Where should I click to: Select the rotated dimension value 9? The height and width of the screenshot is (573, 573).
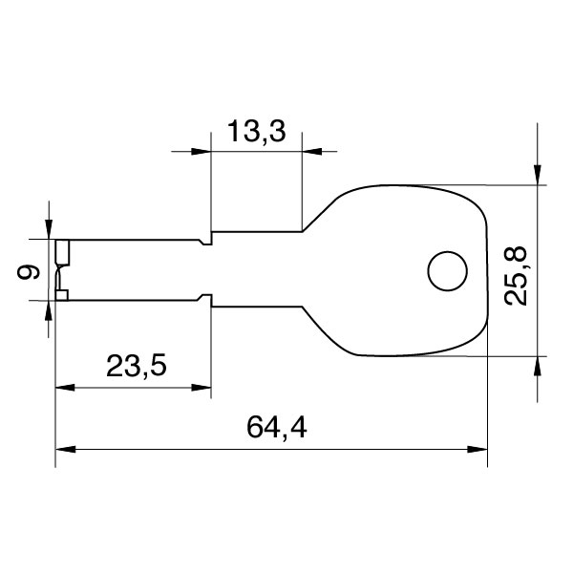(x=31, y=272)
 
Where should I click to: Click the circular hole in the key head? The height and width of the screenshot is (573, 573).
(x=446, y=271)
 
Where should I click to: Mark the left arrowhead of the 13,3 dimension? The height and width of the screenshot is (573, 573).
(x=201, y=151)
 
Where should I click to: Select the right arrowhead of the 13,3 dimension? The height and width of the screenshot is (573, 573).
(x=312, y=151)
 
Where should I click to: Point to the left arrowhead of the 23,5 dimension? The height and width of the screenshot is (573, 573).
(x=65, y=388)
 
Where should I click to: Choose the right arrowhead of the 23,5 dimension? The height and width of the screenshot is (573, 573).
(x=202, y=388)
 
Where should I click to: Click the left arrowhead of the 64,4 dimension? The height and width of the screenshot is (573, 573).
(x=65, y=448)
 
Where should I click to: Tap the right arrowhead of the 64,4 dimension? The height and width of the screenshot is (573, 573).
(x=477, y=448)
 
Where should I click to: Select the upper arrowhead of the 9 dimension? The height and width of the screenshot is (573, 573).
(x=49, y=229)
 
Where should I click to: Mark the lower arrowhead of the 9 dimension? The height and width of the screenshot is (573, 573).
(x=49, y=309)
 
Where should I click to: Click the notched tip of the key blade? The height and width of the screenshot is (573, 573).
(x=62, y=270)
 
